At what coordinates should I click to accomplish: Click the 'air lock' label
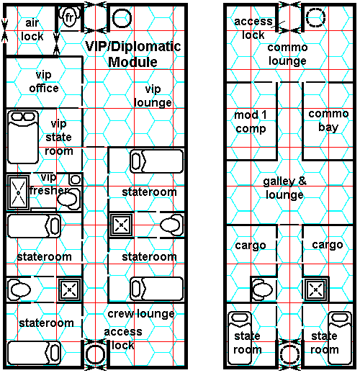(32, 30)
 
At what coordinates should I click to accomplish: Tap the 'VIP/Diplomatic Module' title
(133, 54)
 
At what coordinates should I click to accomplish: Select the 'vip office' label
(44, 81)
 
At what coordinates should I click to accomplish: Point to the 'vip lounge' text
(153, 96)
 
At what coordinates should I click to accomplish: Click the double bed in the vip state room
(23, 137)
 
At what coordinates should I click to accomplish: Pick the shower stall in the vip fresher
(18, 192)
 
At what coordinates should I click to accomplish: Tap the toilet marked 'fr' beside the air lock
(69, 17)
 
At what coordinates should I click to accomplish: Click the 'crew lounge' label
(141, 313)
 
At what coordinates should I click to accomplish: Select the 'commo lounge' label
(287, 54)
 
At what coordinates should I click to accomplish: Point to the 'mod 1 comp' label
(251, 122)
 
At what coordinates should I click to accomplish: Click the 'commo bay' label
(328, 120)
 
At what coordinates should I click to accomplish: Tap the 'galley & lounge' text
(284, 188)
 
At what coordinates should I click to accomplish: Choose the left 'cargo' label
(251, 246)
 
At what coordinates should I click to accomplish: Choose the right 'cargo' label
(328, 245)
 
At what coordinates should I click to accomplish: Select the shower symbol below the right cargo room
(315, 289)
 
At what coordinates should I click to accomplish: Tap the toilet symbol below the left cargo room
(263, 289)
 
